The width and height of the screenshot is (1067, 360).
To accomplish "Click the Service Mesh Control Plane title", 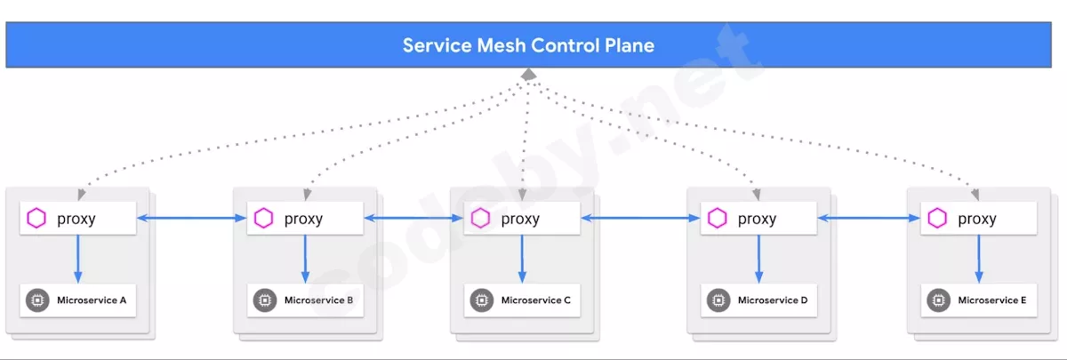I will click(528, 45).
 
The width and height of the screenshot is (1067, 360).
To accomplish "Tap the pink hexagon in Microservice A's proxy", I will click(36, 219).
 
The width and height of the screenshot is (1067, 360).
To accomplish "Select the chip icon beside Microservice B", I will click(264, 300).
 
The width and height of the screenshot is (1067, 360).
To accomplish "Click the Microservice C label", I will click(536, 300).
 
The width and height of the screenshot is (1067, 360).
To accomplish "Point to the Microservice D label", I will click(773, 300).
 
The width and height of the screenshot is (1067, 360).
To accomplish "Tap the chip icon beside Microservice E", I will click(937, 300).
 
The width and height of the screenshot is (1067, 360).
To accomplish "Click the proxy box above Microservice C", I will click(522, 219).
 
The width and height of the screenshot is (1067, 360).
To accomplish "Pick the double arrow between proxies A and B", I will click(191, 218).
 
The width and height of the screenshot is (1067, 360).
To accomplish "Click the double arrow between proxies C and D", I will click(641, 218).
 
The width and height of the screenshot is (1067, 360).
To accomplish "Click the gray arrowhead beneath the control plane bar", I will click(528, 75).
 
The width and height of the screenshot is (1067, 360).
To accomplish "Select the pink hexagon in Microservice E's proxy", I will click(937, 219).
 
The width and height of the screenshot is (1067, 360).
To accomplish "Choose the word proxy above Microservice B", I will click(303, 219).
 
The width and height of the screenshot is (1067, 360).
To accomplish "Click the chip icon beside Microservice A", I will click(36, 300).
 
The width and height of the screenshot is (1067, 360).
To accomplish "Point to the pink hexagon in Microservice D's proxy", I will click(717, 219).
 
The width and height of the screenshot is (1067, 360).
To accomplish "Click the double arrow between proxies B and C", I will click(413, 218).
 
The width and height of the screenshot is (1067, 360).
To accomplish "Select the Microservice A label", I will click(92, 300).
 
